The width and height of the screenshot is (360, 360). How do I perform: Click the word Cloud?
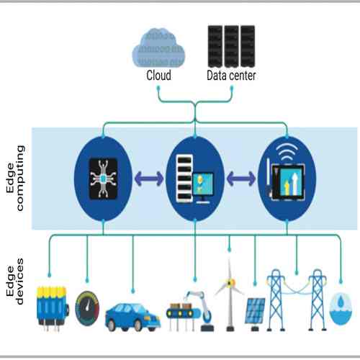(x=158, y=75)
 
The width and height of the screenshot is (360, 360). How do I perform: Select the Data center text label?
(x=232, y=75)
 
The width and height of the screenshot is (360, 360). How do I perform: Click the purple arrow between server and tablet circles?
(x=241, y=176)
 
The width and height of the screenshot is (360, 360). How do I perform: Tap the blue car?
(x=132, y=315)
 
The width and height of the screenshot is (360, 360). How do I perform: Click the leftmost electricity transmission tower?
(x=278, y=299)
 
